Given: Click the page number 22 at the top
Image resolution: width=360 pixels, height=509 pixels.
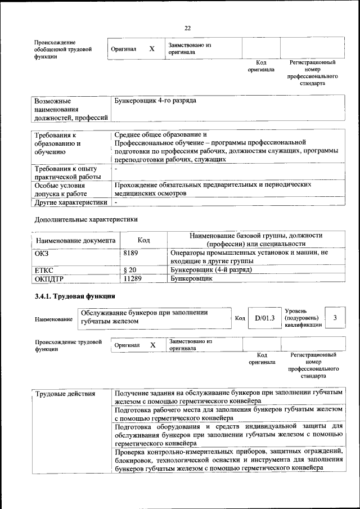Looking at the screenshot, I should pos(188,28).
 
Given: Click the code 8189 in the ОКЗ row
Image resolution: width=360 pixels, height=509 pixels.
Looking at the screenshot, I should pos(130,253).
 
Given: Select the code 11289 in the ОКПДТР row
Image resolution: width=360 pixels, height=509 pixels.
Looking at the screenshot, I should pos(132,278).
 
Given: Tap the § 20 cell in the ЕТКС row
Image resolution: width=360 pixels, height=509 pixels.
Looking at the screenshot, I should pos(129,269).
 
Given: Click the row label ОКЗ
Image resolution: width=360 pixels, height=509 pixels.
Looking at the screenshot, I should pos(42,253).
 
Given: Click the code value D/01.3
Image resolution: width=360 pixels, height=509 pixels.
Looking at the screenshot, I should pos(264,318).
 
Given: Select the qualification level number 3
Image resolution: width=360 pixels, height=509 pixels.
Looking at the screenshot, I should pos(335,318).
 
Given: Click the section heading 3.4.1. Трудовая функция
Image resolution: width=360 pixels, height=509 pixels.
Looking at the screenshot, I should pos(75,296).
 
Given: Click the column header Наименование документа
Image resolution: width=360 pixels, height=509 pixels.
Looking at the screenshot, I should pos(75,241).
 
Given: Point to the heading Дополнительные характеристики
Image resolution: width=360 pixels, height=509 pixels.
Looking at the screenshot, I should pos(86,219).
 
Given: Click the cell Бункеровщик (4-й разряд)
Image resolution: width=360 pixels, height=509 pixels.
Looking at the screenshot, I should pos(210,269).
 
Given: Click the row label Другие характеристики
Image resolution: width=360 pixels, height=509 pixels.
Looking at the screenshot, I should pos(71,202).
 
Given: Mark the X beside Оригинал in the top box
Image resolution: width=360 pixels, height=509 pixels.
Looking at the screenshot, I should pos(151,49).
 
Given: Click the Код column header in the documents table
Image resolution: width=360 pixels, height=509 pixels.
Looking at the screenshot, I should pos(143,240).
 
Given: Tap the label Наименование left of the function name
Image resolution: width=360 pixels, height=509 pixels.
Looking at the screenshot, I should pos(53,319).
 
